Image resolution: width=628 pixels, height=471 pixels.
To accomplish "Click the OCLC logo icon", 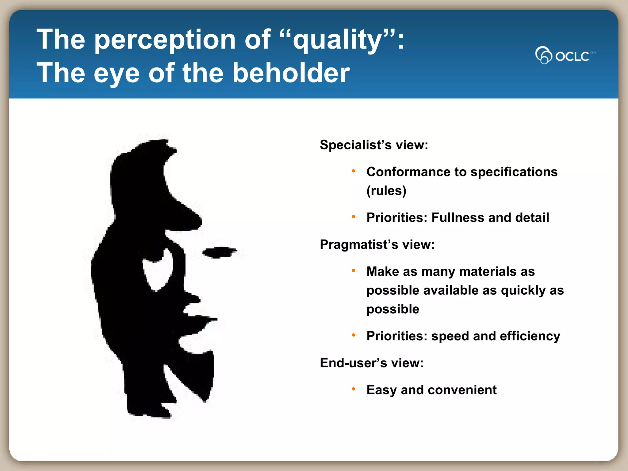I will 543,55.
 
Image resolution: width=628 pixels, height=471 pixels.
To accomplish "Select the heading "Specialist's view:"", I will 374,145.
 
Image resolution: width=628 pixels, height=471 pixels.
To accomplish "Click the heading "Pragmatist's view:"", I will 377,245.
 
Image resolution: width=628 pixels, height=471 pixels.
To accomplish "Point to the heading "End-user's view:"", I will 372,363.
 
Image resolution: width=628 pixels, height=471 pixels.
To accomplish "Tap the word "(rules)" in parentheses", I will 386,191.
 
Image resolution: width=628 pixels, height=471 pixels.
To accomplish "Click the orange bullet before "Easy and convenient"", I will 353,389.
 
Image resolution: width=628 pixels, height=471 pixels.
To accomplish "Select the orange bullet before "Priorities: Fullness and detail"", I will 353,216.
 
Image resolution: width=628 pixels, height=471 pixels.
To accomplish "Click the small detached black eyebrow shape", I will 219,252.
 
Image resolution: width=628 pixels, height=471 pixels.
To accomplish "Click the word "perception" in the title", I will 165,40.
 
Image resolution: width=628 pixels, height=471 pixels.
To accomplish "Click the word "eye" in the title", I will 117,74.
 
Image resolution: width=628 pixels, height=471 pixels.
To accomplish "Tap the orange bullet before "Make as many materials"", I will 353,270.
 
